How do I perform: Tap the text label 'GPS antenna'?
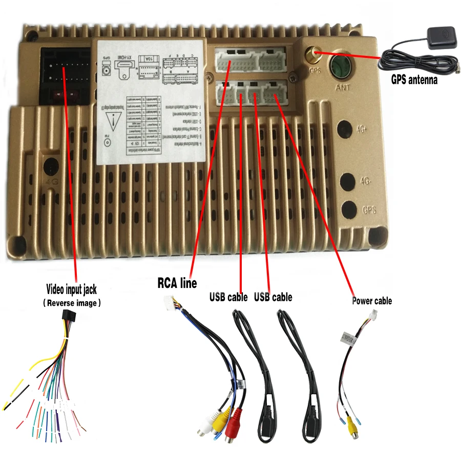coord(414,79)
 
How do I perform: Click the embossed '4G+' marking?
coord(363,130)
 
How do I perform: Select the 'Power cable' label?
coord(371,301)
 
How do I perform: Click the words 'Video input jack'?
coord(71,290)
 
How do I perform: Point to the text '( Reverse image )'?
coord(71,303)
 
